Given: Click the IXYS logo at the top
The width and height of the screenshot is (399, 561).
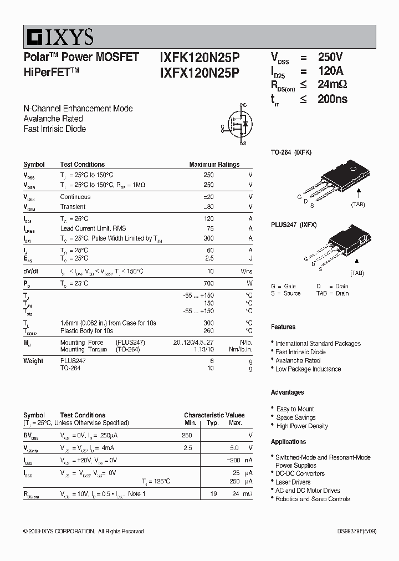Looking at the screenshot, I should pyautogui.click(x=58, y=37).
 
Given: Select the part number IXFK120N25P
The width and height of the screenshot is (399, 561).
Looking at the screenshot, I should pyautogui.click(x=199, y=57).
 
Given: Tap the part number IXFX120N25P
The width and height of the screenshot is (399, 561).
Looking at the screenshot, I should pyautogui.click(x=199, y=72).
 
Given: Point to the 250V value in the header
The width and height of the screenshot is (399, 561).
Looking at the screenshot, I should pyautogui.click(x=330, y=57).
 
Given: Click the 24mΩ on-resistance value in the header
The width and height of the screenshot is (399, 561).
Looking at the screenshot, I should pyautogui.click(x=332, y=85).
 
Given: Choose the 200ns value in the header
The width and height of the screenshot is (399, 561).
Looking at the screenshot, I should pyautogui.click(x=332, y=99).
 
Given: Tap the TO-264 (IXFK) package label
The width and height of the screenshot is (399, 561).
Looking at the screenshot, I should pyautogui.click(x=291, y=152).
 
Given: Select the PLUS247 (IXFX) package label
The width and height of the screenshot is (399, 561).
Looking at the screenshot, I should pyautogui.click(x=294, y=225).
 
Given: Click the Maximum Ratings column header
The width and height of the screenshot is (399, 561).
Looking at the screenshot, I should pyautogui.click(x=214, y=165).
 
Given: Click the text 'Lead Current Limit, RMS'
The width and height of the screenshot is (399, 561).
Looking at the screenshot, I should pyautogui.click(x=93, y=228).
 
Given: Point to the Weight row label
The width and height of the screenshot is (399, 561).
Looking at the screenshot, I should pyautogui.click(x=33, y=361).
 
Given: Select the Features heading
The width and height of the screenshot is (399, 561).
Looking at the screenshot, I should pyautogui.click(x=283, y=327).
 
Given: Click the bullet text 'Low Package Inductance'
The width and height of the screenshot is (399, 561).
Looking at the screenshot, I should pyautogui.click(x=308, y=369).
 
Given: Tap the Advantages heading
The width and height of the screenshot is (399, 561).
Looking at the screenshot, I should pyautogui.click(x=287, y=392).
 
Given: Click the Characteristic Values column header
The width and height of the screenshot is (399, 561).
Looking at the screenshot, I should pyautogui.click(x=214, y=415).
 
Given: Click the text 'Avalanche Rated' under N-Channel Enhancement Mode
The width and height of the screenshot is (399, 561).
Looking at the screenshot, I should pyautogui.click(x=53, y=119).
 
